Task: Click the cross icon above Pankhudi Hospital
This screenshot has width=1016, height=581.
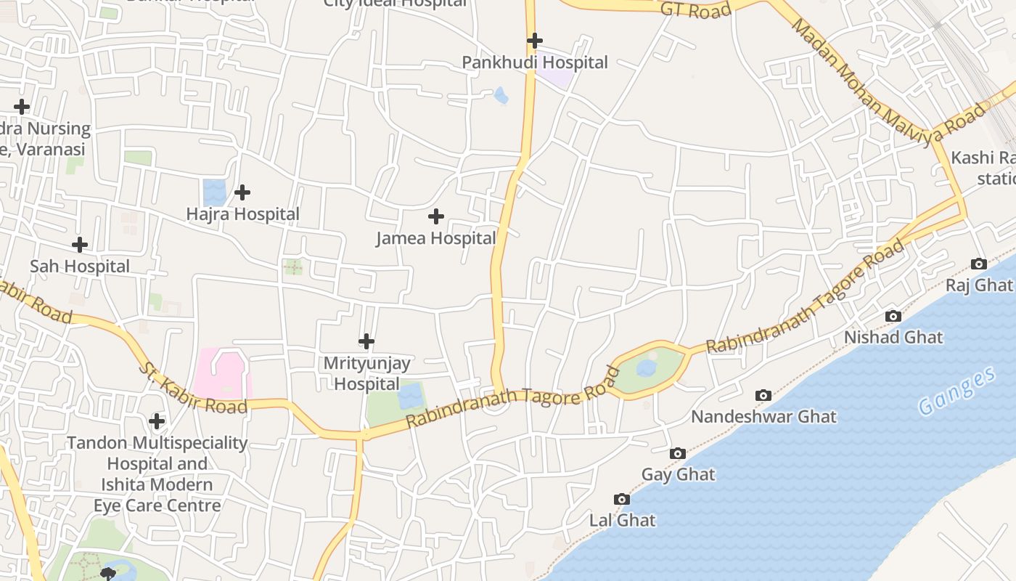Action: pyautogui.click(x=535, y=40)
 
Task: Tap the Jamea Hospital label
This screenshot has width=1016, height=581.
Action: pyautogui.click(x=436, y=238)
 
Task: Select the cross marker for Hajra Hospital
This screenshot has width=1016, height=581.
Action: pyautogui.click(x=242, y=192)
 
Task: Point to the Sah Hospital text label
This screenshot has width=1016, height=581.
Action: pyautogui.click(x=80, y=267)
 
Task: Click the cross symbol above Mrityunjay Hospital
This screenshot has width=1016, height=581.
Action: pyautogui.click(x=366, y=341)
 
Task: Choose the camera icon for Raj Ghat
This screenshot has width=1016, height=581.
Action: pyautogui.click(x=979, y=264)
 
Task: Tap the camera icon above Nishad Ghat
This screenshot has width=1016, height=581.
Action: pyautogui.click(x=893, y=316)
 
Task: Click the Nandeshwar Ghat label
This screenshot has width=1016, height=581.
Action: pyautogui.click(x=763, y=417)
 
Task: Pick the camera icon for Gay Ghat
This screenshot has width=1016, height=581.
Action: pyautogui.click(x=678, y=453)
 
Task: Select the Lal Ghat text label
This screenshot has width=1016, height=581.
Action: pyautogui.click(x=622, y=521)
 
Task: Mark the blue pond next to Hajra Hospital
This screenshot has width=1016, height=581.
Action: pyautogui.click(x=215, y=191)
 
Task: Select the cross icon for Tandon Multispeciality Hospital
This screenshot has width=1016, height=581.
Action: pyautogui.click(x=157, y=421)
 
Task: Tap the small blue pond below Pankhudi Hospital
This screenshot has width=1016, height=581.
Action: pyautogui.click(x=501, y=94)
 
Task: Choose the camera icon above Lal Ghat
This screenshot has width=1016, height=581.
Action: pyautogui.click(x=622, y=499)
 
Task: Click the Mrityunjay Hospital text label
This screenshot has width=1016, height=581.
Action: pyautogui.click(x=366, y=373)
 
